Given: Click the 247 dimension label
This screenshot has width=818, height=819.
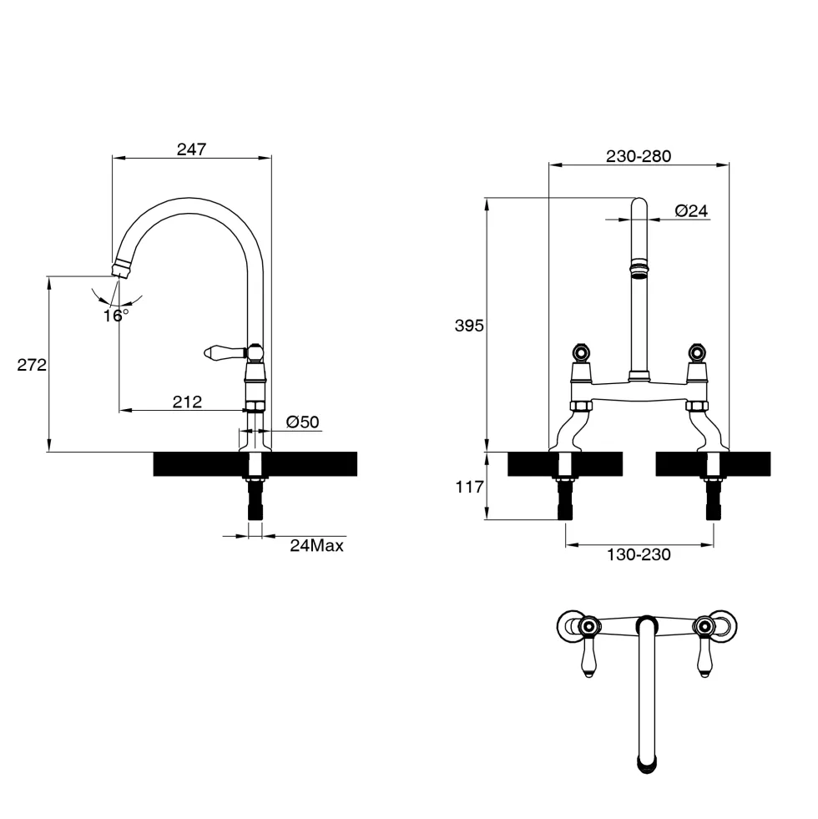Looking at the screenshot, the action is tap(192, 149).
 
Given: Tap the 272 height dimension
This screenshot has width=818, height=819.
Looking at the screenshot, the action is tap(32, 365).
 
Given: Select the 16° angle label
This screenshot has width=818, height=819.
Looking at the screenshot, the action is tap(115, 316).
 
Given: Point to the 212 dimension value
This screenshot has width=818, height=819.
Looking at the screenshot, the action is tap(187, 402).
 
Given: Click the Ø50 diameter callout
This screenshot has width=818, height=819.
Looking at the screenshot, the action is tap(302, 422).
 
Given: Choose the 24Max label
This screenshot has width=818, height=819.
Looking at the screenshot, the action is tap(317, 546).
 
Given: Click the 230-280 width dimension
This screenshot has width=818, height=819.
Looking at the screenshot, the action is tap(639, 156).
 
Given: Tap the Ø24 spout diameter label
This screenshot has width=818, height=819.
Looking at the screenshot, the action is tap(691, 210).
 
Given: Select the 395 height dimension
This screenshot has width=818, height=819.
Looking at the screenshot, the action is tap(469, 326).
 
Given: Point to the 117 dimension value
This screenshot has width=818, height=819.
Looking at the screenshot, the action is tap(469, 488).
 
